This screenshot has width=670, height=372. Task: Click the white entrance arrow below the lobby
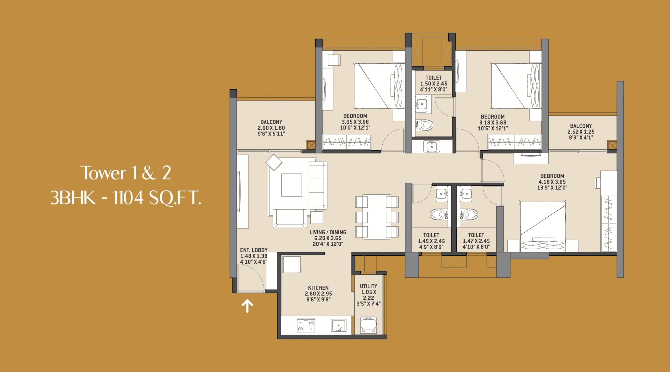247,306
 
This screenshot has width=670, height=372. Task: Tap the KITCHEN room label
318,288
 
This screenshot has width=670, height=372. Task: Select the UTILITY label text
368,286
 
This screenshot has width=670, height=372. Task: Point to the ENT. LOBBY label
254,250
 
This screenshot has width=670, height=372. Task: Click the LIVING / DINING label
328,232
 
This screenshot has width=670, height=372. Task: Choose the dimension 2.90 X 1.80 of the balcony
271,128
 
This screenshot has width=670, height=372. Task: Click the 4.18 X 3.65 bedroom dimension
552,182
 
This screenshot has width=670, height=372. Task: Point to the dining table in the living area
377,217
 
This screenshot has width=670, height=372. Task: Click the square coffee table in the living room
292,185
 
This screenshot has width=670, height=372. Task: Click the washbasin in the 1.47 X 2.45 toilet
466,194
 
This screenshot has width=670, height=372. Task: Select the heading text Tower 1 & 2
126,173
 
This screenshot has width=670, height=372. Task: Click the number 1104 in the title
128,198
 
